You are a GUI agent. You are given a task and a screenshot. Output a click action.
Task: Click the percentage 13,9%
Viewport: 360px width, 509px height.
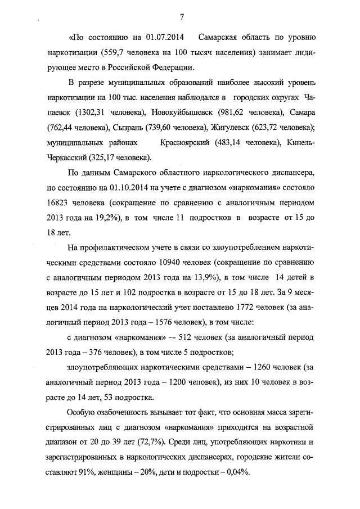[206, 278]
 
